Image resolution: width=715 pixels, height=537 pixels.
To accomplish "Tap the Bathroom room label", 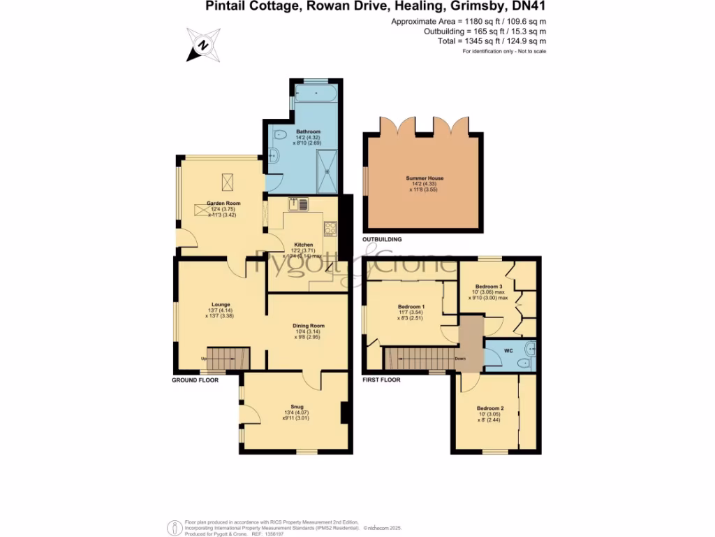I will coord(308,131).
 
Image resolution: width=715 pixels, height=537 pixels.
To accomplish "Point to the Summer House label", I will coord(425,178).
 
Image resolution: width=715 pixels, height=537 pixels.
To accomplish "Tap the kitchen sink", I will coord(302,204).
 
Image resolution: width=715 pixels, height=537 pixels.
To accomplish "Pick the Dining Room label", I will coord(308,325).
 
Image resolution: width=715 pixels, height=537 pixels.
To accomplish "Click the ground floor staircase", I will coord(228,359).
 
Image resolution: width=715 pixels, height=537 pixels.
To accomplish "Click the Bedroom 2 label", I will coord(490,408).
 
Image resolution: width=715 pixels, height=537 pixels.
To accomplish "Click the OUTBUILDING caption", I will coord(382,239).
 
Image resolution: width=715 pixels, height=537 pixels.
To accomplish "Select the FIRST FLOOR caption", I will coord(381,380).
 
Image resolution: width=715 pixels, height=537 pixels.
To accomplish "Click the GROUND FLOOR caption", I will coord(195,380).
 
